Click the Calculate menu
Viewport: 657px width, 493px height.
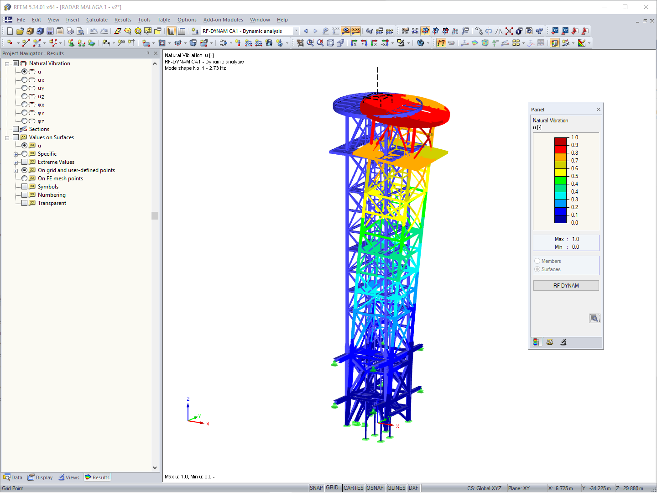[x=97, y=20]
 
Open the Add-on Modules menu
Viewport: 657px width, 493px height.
[x=223, y=20]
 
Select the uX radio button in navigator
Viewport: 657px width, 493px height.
[x=25, y=80]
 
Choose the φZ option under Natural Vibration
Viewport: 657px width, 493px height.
[x=25, y=121]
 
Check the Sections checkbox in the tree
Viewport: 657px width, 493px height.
[x=16, y=129]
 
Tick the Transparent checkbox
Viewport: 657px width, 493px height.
[x=25, y=203]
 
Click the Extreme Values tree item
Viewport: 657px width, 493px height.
[x=56, y=162]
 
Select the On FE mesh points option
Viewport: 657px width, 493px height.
[x=25, y=178]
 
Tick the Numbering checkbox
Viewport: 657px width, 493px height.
[x=25, y=195]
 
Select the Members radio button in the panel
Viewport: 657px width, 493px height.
[x=537, y=261]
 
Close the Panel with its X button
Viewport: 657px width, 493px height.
[x=599, y=110]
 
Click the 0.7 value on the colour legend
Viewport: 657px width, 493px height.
[x=574, y=161]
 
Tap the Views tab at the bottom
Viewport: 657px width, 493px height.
[x=69, y=477]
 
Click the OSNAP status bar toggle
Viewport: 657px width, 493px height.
[x=375, y=488]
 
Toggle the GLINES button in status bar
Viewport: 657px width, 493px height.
[x=396, y=488]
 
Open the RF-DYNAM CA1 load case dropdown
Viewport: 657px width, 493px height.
[x=296, y=31]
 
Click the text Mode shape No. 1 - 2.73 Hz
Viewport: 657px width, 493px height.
[x=195, y=68]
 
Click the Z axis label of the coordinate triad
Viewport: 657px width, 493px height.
[x=188, y=399]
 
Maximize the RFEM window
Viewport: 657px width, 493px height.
[x=625, y=7]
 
